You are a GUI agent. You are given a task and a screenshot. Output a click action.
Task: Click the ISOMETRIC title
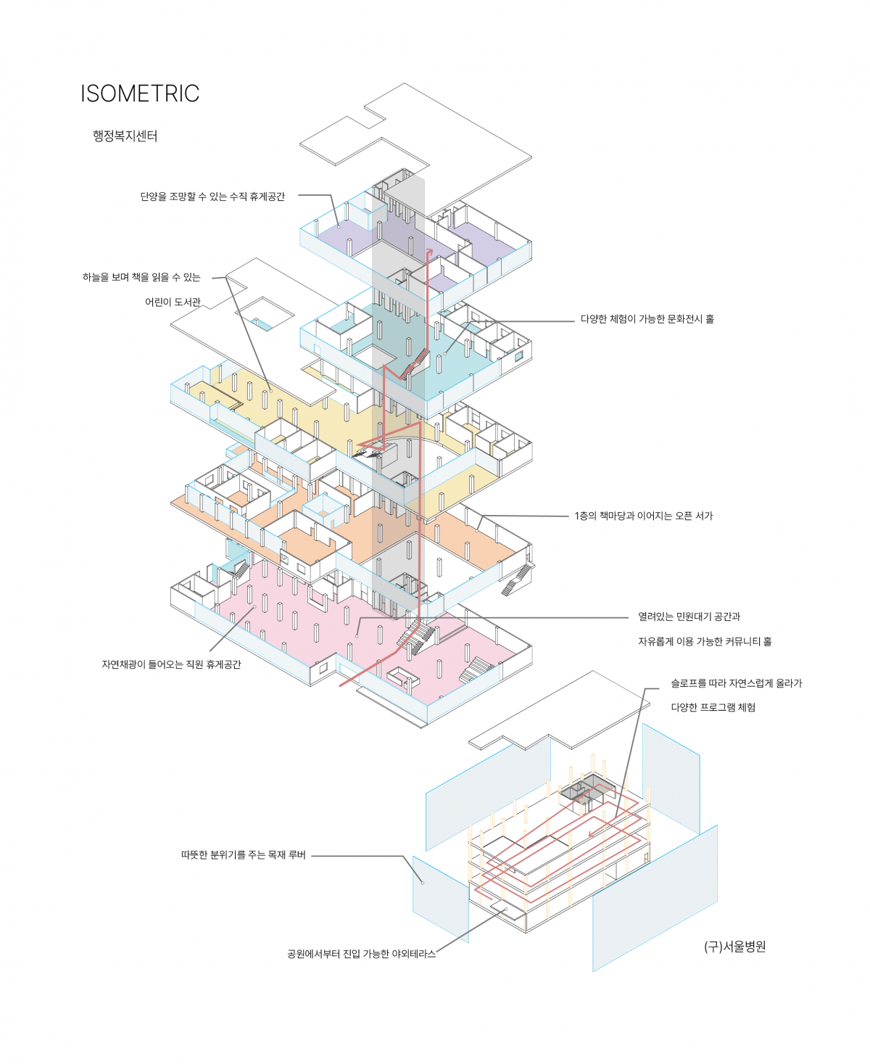[139, 94]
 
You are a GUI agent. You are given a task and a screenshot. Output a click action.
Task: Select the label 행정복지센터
[125, 136]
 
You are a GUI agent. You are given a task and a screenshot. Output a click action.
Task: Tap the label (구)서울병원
[734, 947]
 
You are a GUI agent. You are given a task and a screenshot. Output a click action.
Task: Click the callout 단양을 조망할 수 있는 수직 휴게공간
[212, 197]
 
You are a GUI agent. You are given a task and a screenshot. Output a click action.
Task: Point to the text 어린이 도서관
[173, 302]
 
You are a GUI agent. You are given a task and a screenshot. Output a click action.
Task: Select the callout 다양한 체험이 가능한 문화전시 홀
[647, 319]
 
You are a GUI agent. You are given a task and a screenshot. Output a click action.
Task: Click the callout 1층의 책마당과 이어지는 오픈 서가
[643, 516]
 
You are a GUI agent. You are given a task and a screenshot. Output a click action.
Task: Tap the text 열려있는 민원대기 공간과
[689, 616]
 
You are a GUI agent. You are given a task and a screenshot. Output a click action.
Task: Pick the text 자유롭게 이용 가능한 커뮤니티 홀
[704, 641]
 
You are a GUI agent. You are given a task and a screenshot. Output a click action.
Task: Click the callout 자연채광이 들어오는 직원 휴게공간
[171, 664]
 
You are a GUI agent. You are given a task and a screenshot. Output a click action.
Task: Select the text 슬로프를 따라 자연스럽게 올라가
[736, 683]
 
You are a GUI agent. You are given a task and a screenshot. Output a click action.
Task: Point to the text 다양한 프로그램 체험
[713, 707]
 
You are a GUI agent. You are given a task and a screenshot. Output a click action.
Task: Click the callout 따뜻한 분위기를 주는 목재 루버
[243, 855]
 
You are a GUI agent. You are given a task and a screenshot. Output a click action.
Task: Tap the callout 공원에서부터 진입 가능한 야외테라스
[361, 954]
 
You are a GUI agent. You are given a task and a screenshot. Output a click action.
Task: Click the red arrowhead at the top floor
[429, 252]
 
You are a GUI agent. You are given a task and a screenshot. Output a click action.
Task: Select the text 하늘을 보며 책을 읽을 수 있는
[141, 277]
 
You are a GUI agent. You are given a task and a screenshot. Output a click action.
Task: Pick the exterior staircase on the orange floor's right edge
[517, 580]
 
